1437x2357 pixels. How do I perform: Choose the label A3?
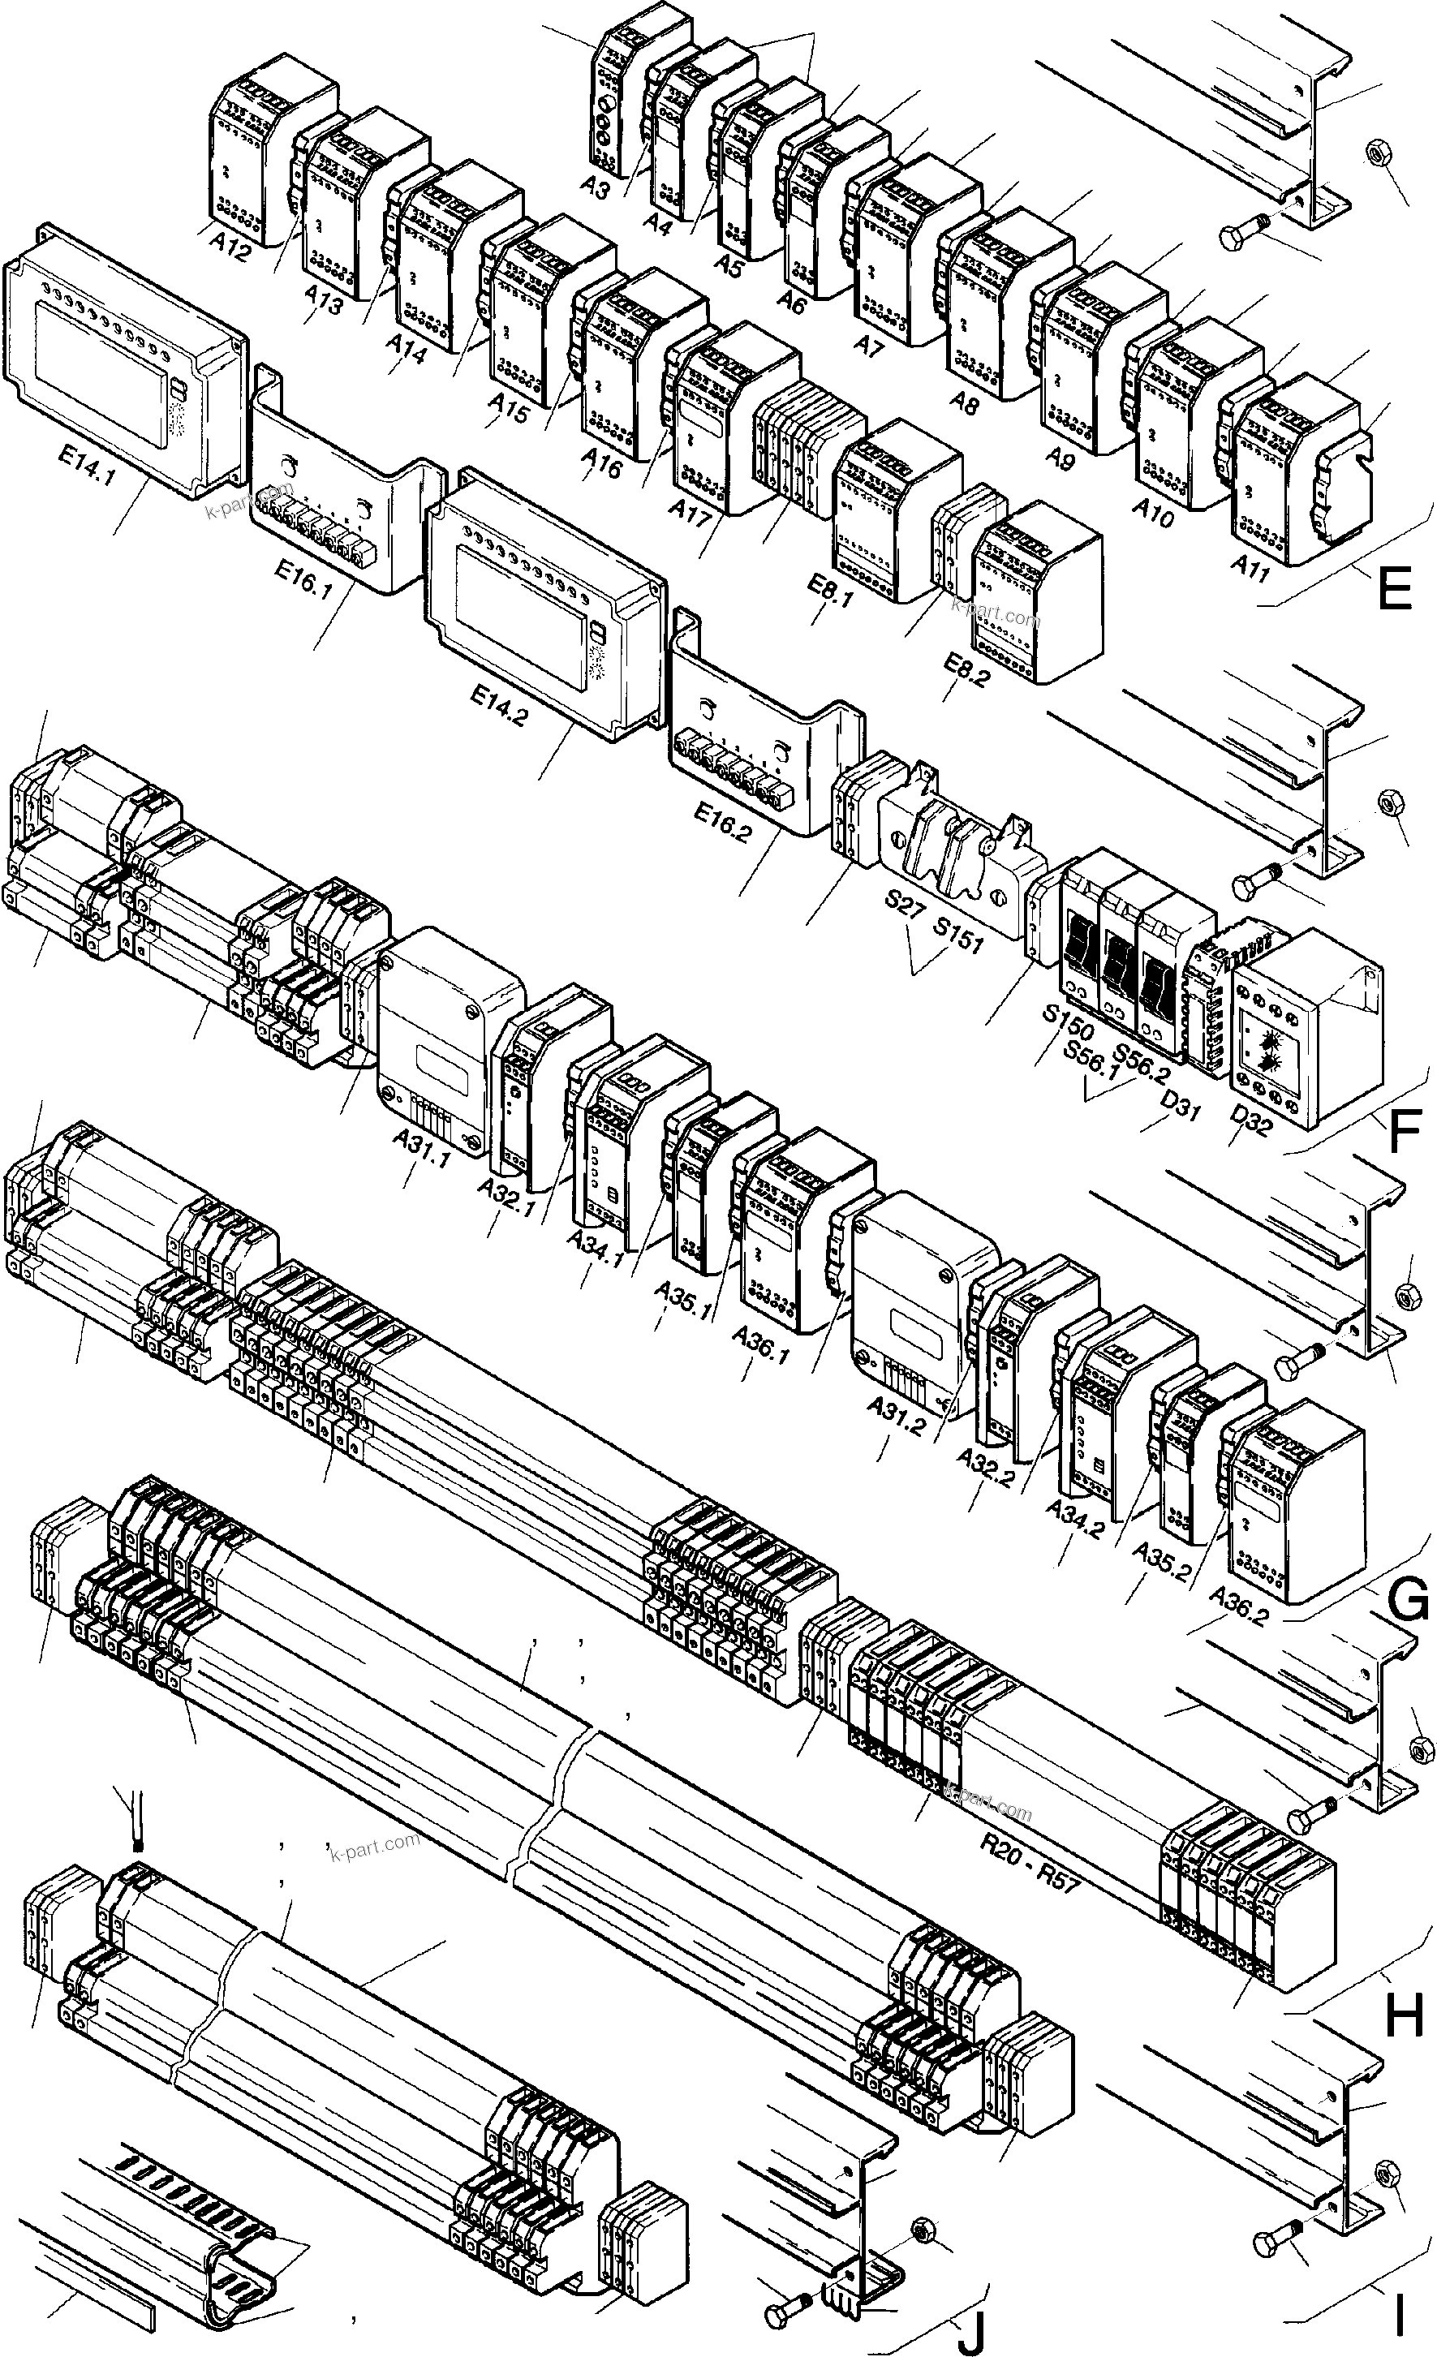coord(594,188)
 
